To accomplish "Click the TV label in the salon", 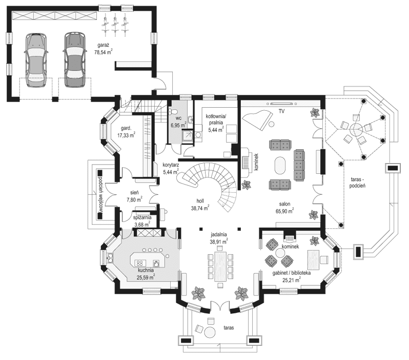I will (281, 111).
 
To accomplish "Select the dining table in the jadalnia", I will (220, 266).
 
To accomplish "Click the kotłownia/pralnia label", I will (214, 123).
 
